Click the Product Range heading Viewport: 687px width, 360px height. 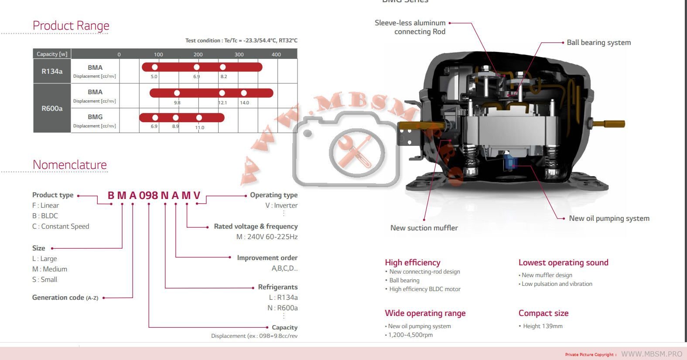pyautogui.click(x=71, y=26)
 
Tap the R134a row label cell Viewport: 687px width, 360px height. pyautogui.click(x=52, y=71)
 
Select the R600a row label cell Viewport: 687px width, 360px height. pyautogui.click(x=52, y=108)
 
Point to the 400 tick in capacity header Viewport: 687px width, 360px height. pyautogui.click(x=276, y=55)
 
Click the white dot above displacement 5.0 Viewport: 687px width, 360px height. pyautogui.click(x=154, y=67)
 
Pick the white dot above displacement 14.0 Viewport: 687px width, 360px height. pyautogui.click(x=244, y=93)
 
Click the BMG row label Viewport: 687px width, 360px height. pyautogui.click(x=95, y=117)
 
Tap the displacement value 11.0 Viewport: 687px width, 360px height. pyautogui.click(x=200, y=128)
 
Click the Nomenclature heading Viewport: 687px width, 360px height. pyautogui.click(x=70, y=165)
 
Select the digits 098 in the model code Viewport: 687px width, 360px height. pyautogui.click(x=148, y=195)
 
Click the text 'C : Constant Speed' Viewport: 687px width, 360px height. pyautogui.click(x=61, y=226)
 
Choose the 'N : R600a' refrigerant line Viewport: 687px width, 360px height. pyautogui.click(x=283, y=308)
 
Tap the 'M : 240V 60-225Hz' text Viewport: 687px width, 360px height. pyautogui.click(x=267, y=237)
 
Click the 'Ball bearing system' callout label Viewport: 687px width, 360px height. pyautogui.click(x=598, y=43)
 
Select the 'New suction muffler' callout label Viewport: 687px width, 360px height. pyautogui.click(x=424, y=228)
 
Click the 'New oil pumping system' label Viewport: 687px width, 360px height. pyautogui.click(x=609, y=219)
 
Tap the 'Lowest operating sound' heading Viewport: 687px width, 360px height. pyautogui.click(x=563, y=263)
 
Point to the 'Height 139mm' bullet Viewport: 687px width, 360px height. pyautogui.click(x=542, y=326)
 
